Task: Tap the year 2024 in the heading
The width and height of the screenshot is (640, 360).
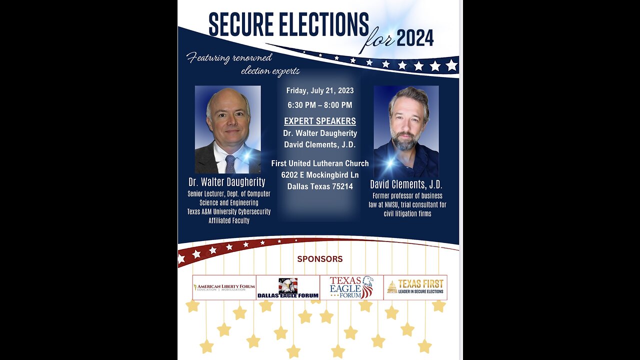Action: tap(415, 37)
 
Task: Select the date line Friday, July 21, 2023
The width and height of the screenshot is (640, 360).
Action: tap(320, 90)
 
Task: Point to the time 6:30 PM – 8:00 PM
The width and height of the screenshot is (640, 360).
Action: tap(320, 105)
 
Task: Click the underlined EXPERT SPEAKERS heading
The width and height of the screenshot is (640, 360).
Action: tap(320, 121)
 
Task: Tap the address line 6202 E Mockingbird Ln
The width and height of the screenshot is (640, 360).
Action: tap(320, 174)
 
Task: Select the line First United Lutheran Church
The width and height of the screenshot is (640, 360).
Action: tap(320, 163)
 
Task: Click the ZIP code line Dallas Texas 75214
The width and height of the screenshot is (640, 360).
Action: tap(320, 186)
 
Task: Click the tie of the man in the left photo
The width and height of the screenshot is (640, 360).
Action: tap(229, 163)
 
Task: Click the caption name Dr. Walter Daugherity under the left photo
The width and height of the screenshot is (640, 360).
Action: tap(226, 182)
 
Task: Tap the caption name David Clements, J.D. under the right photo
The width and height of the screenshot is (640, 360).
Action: tap(406, 184)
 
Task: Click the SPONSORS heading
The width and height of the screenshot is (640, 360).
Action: tap(320, 259)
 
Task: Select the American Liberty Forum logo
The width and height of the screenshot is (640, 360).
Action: tap(224, 287)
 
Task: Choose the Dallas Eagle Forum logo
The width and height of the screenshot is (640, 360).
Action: tap(288, 287)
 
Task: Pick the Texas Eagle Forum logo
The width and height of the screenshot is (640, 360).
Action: tap(351, 287)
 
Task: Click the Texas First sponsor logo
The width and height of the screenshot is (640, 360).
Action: tap(415, 287)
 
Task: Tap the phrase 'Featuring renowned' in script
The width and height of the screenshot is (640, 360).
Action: tap(229, 58)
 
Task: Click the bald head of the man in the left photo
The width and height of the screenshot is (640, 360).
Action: tap(227, 97)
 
